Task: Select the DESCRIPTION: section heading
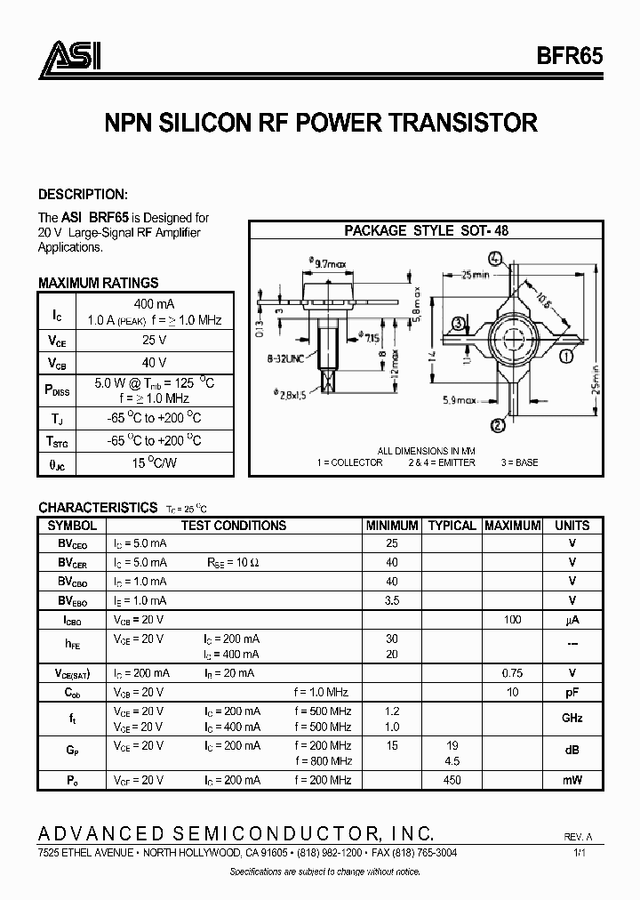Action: pyautogui.click(x=83, y=194)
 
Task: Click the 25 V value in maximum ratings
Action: pyautogui.click(x=155, y=340)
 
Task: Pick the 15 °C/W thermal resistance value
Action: pyautogui.click(x=155, y=463)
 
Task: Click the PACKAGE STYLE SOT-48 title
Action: pyautogui.click(x=426, y=229)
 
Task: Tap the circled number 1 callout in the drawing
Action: pyautogui.click(x=565, y=358)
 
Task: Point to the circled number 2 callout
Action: pyautogui.click(x=498, y=425)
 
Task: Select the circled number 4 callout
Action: pyautogui.click(x=495, y=261)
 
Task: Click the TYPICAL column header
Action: pyautogui.click(x=452, y=526)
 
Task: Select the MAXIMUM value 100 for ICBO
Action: pyautogui.click(x=512, y=619)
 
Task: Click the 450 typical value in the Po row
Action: pyautogui.click(x=452, y=780)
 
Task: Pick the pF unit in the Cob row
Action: pyautogui.click(x=572, y=692)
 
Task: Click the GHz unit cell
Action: pyautogui.click(x=572, y=718)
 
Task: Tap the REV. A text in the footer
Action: pyautogui.click(x=577, y=837)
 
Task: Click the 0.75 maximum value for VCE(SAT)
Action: pyautogui.click(x=512, y=673)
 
